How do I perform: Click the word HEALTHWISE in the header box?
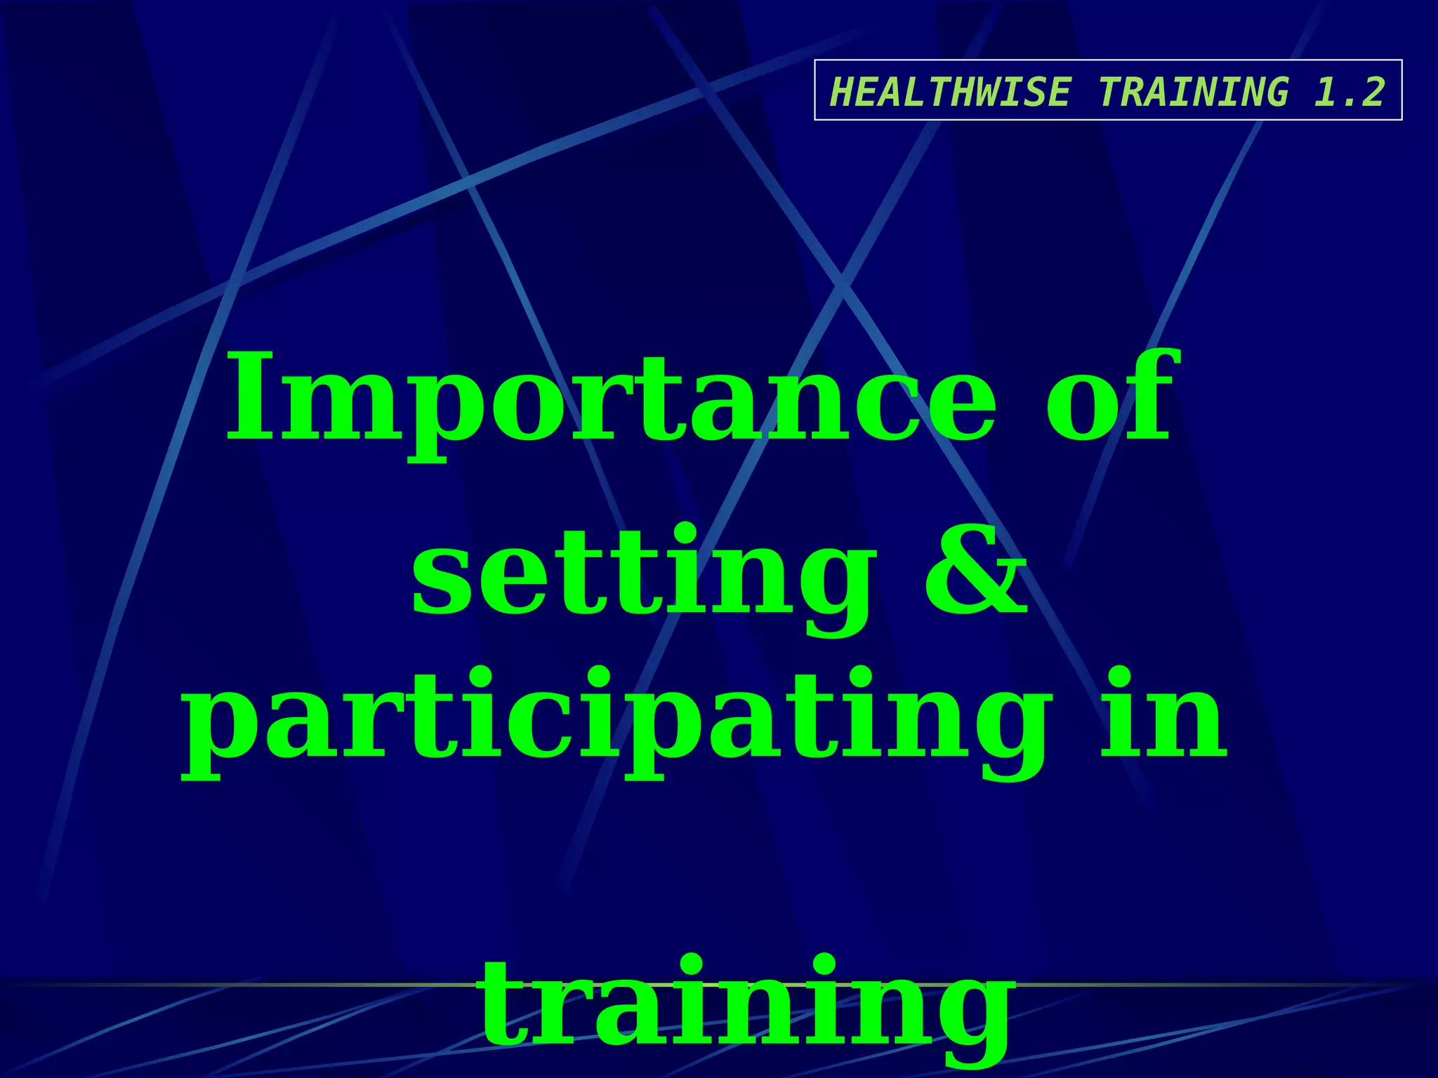coord(951,92)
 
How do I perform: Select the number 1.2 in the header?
coord(1350,92)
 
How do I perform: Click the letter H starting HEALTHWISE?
coord(841,92)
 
